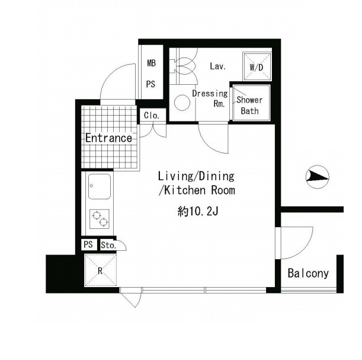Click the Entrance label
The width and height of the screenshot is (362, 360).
tap(108, 138)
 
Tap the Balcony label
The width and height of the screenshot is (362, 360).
tap(308, 273)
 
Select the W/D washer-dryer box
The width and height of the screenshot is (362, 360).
tap(257, 66)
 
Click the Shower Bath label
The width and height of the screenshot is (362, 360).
tap(249, 106)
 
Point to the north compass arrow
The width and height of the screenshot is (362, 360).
tap(317, 177)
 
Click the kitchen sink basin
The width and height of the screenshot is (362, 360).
tap(100, 186)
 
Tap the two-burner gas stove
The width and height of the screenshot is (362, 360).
tap(100, 219)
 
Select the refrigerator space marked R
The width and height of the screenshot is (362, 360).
tap(101, 270)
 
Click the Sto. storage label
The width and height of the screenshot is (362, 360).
tap(108, 245)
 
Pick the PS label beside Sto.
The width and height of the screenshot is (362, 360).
tap(88, 244)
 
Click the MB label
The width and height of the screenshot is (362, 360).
tap(152, 63)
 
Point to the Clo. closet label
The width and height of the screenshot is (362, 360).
tap(152, 115)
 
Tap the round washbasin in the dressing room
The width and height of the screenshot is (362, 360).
tap(182, 103)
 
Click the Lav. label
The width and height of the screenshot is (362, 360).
tap(217, 66)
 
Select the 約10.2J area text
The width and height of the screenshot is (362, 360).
tap(198, 211)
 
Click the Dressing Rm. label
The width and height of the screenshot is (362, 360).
tap(210, 98)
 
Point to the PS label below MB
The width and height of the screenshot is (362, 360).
tap(150, 84)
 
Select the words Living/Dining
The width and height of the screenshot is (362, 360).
tap(196, 176)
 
